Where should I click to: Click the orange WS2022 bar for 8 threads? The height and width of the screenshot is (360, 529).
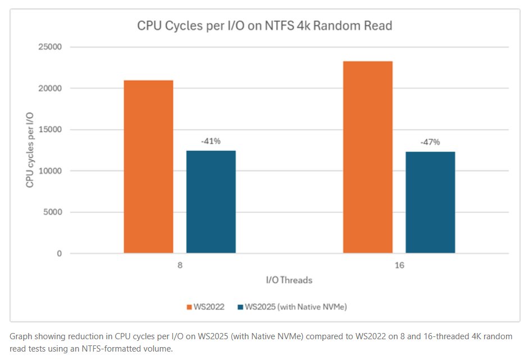(148, 167)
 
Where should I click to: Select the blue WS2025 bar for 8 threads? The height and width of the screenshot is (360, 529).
(211, 202)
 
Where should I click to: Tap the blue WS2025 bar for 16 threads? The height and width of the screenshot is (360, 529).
(430, 203)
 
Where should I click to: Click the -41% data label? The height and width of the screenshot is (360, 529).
(211, 141)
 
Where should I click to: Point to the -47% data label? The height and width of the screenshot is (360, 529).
(430, 143)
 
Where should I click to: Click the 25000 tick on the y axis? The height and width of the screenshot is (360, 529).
(50, 47)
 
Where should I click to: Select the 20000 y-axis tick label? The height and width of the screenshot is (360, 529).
(50, 88)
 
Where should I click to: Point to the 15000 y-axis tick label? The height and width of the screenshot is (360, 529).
(50, 130)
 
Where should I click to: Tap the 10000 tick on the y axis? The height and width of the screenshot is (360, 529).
(50, 171)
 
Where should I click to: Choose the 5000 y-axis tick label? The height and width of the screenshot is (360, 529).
(52, 212)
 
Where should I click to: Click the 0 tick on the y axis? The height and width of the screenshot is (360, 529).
(58, 254)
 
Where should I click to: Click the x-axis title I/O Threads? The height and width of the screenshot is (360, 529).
(289, 279)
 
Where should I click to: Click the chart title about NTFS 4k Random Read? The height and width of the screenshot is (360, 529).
(264, 26)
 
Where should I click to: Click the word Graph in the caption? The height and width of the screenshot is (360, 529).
(21, 336)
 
